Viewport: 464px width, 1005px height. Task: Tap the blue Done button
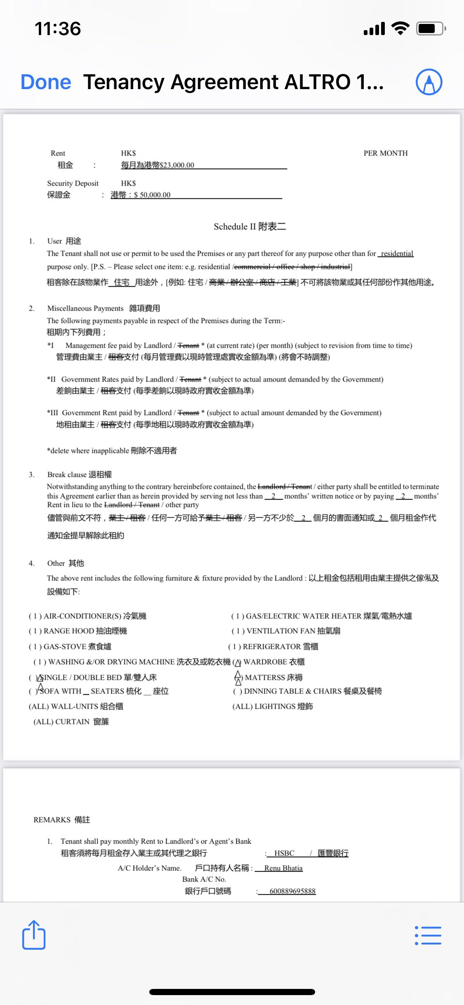(46, 82)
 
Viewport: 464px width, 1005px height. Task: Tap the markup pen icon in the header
(429, 82)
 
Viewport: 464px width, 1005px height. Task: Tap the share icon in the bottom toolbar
(33, 935)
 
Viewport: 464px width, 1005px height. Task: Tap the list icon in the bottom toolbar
(428, 936)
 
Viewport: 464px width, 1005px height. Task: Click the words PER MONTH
(385, 153)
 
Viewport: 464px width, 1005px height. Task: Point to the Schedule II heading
(250, 226)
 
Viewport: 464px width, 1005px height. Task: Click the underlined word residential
(397, 253)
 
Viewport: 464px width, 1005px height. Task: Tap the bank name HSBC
(284, 853)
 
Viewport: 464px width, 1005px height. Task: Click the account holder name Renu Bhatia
(283, 868)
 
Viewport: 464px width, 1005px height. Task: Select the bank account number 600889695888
(292, 891)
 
